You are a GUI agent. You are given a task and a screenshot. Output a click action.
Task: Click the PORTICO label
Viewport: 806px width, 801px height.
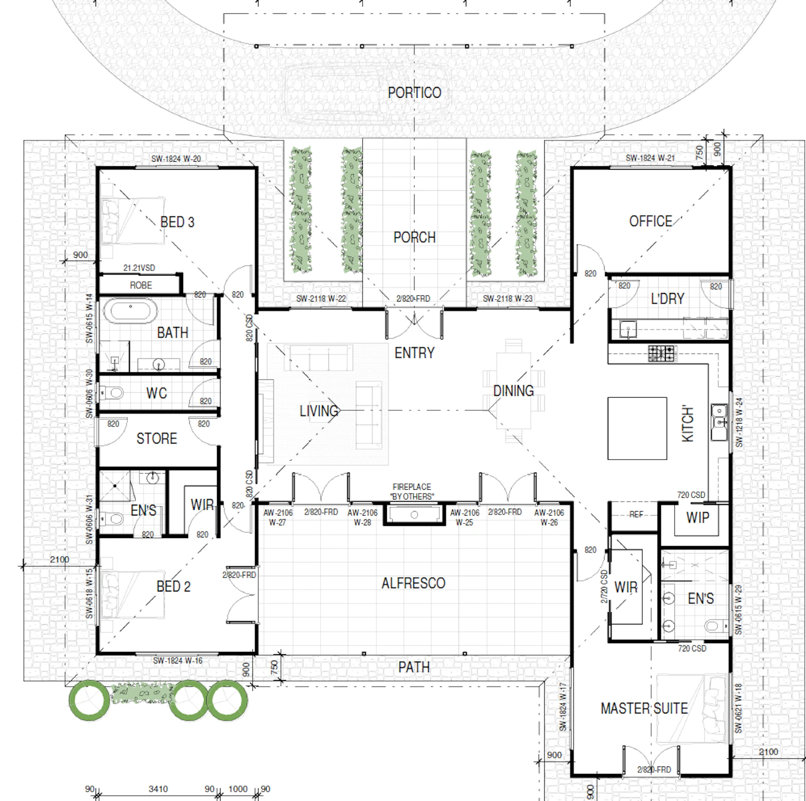pyautogui.click(x=414, y=93)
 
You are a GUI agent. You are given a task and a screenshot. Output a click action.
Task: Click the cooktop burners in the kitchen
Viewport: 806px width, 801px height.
pyautogui.click(x=661, y=353)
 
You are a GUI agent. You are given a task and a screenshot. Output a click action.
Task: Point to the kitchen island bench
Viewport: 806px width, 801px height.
pyautogui.click(x=637, y=429)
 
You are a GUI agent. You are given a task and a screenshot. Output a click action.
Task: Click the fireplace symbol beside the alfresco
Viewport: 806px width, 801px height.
pyautogui.click(x=414, y=514)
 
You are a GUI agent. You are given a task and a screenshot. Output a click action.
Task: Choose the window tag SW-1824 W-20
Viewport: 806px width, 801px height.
pyautogui.click(x=176, y=159)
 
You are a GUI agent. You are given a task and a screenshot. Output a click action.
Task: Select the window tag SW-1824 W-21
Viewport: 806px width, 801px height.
pyautogui.click(x=651, y=158)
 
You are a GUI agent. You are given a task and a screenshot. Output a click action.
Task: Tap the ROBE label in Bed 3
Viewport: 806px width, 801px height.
pyautogui.click(x=141, y=285)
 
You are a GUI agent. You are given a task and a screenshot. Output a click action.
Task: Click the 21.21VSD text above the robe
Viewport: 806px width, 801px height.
pyautogui.click(x=139, y=268)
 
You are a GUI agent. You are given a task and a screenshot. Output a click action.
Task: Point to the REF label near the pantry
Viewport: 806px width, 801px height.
pyautogui.click(x=636, y=514)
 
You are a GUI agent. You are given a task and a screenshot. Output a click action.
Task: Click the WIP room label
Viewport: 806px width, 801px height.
pyautogui.click(x=698, y=518)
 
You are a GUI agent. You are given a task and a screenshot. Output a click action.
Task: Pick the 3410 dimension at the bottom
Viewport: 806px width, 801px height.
pyautogui.click(x=158, y=789)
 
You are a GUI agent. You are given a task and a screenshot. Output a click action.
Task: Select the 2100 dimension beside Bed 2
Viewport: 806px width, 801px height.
pyautogui.click(x=59, y=559)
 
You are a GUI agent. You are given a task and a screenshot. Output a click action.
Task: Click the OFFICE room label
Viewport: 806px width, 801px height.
pyautogui.click(x=651, y=221)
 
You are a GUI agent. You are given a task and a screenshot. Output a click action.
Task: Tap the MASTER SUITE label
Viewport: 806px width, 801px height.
pyautogui.click(x=644, y=708)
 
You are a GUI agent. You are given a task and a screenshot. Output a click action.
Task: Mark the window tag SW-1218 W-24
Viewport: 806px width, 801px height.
pyautogui.click(x=739, y=422)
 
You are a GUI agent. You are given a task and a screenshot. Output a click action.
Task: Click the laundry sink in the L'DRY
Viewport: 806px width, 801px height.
pyautogui.click(x=628, y=329)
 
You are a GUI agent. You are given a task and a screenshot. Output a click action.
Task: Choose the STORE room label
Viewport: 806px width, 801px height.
pyautogui.click(x=157, y=438)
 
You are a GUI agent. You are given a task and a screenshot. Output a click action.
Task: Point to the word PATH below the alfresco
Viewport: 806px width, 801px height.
pyautogui.click(x=414, y=668)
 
